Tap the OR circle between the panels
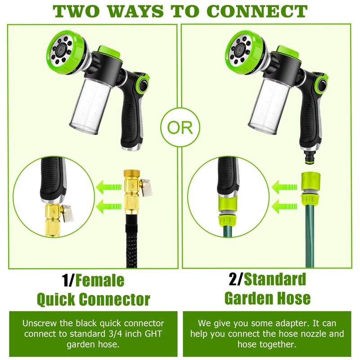180,127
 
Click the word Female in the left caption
100,280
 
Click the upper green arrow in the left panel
108,187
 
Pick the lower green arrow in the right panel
284,206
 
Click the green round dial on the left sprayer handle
143,85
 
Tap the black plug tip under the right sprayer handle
309,157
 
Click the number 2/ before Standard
235,279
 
